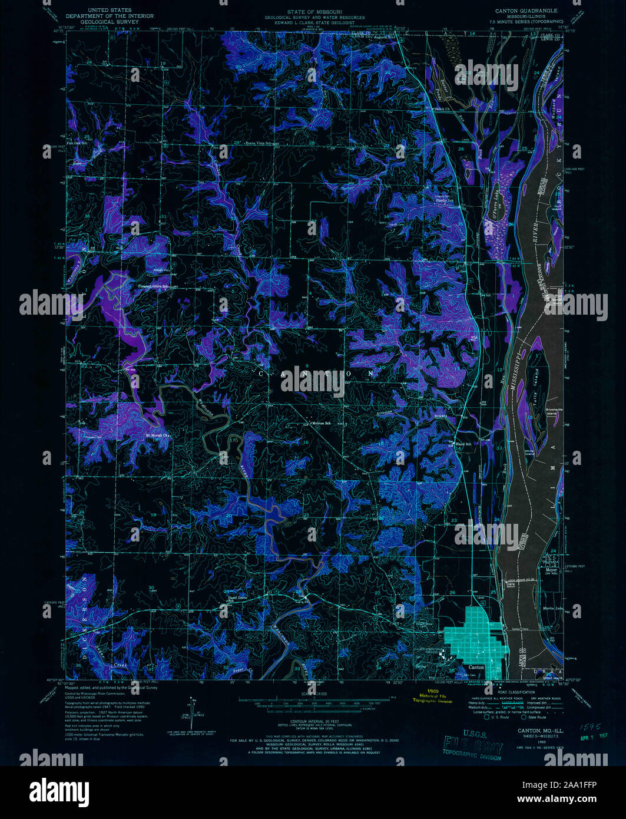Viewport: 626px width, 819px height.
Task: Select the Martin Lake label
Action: pyautogui.click(x=551, y=608)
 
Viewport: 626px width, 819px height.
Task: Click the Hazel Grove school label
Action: pyautogui.click(x=237, y=596)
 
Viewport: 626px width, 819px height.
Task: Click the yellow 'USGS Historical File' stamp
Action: pyautogui.click(x=433, y=696)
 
